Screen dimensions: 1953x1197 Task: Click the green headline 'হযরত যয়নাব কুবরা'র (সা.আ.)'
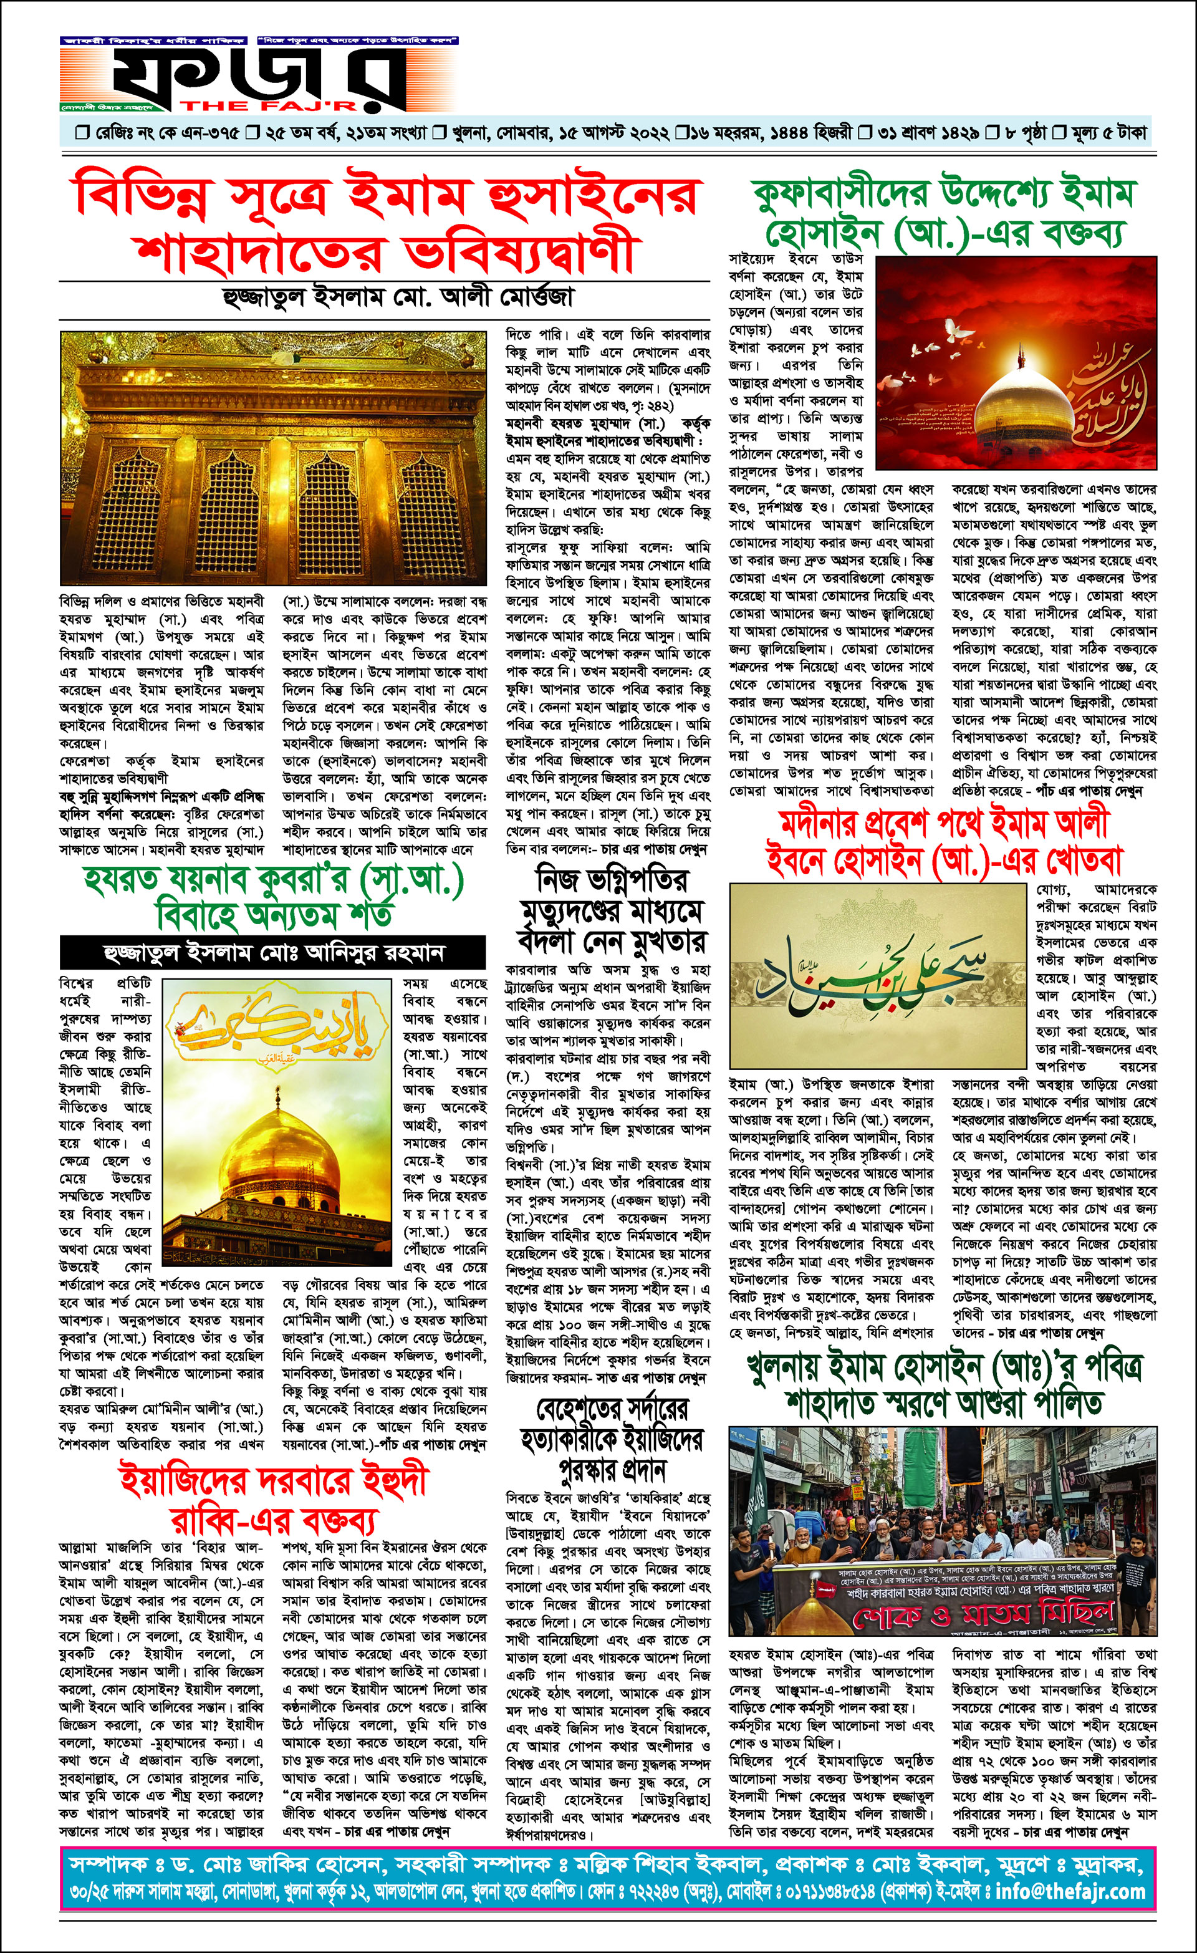pos(274,880)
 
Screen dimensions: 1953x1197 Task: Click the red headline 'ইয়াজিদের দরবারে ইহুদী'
pos(274,1482)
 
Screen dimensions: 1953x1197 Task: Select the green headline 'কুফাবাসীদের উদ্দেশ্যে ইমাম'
pos(943,193)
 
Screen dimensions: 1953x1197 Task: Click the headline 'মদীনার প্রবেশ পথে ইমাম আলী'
pos(943,824)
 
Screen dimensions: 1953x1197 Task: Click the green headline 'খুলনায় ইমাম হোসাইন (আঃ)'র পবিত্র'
pos(943,1367)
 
